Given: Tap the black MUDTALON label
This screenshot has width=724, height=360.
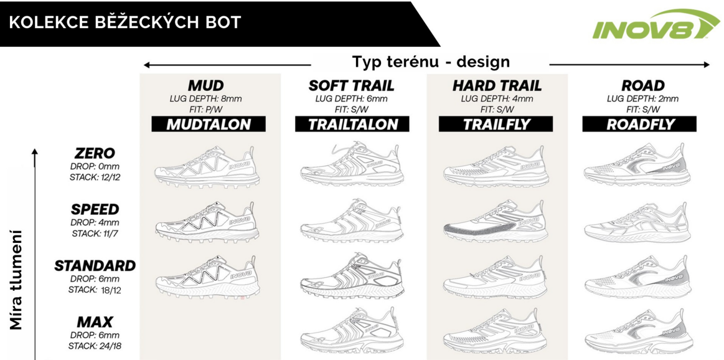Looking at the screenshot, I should tap(209, 124).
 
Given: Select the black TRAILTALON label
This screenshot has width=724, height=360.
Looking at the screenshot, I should tap(352, 124).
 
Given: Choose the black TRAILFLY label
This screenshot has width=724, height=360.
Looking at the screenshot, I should tap(496, 124).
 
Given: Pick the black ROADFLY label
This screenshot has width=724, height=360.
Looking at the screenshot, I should tap(640, 124).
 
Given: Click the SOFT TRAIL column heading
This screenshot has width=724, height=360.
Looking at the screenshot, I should tap(352, 85).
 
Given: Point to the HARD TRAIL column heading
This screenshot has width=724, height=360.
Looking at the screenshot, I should tap(497, 85).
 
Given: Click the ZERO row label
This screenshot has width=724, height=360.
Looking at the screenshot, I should tap(95, 153).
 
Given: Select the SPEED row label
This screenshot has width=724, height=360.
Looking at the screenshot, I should tap(95, 209).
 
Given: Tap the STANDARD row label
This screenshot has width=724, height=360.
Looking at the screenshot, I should tap(95, 265).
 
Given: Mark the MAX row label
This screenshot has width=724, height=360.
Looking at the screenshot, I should tap(95, 322).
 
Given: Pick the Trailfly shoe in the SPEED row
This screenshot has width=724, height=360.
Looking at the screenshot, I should tap(496, 220).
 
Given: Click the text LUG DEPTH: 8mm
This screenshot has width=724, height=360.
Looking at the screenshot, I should tap(206, 98).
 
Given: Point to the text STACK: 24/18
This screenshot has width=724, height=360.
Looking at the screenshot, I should tap(95, 346).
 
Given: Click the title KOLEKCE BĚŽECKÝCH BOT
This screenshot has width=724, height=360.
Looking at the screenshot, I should tap(125, 23).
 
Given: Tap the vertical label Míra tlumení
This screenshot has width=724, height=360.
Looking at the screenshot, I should tap(17, 280).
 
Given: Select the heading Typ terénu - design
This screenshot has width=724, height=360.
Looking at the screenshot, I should tap(431, 62).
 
